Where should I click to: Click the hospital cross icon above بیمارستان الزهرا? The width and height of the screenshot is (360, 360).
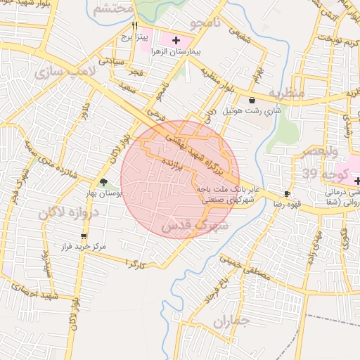[x=176, y=41]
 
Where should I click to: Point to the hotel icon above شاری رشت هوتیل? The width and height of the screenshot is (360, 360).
[x=252, y=100]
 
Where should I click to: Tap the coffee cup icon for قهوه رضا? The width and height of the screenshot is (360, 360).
[x=287, y=193]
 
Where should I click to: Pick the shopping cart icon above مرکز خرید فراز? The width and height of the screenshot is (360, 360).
[x=84, y=236]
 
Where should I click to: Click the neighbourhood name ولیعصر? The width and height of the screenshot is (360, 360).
[x=320, y=152]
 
